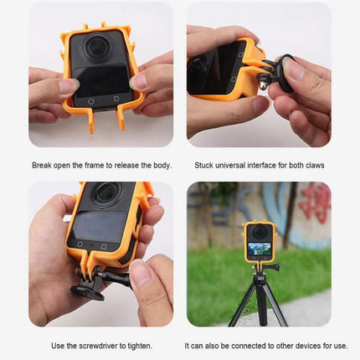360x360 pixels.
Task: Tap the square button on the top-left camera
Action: coord(116,99)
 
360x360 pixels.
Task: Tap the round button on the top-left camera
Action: coord(90,102)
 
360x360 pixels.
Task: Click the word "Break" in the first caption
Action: coord(42,165)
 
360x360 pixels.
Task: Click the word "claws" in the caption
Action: coord(315,165)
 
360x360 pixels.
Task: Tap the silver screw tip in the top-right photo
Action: coord(261,85)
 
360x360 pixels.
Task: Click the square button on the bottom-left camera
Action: coord(104,247)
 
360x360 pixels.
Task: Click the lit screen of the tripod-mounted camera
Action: coord(260,249)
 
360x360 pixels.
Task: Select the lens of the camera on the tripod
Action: coord(259,231)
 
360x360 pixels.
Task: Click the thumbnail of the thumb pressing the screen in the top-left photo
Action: coord(68,85)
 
